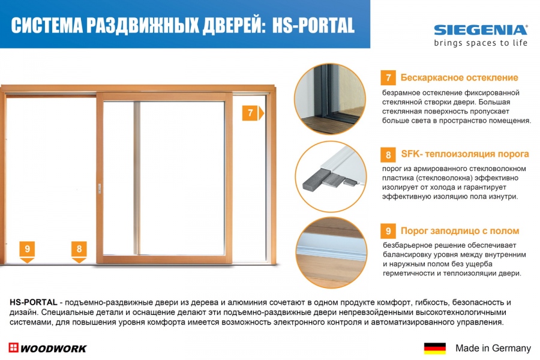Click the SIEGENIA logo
tap(481, 30)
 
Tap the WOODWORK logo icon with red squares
tap(13, 347)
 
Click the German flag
tap(434, 348)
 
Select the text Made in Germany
tap(493, 348)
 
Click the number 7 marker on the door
tap(253, 113)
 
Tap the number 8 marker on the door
tap(79, 251)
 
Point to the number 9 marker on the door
tap(27, 251)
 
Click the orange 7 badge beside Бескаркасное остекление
tap(388, 77)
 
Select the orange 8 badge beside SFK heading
tap(388, 155)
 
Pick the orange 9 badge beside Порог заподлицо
tap(388, 231)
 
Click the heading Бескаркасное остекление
tap(459, 77)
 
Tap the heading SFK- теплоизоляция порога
tap(465, 154)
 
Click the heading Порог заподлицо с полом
tap(460, 231)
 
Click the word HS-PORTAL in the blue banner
tap(313, 25)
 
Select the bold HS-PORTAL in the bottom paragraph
tap(34, 302)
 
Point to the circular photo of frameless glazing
tap(330, 98)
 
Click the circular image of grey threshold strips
tap(331, 176)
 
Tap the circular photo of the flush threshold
tap(331, 253)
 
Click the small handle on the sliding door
tap(100, 188)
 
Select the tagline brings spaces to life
tap(481, 43)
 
